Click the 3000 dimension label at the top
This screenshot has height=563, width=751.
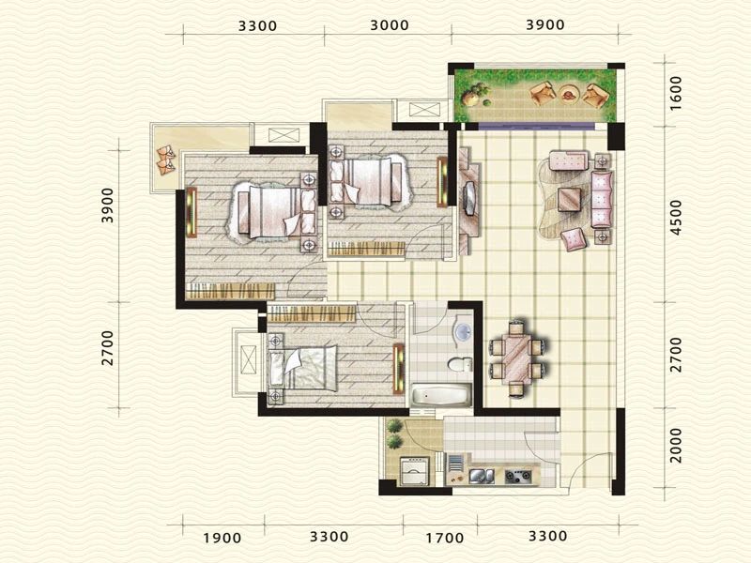(390, 25)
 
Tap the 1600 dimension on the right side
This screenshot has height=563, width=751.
(676, 93)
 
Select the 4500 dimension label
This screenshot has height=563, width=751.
(676, 218)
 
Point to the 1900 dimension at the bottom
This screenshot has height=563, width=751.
(222, 538)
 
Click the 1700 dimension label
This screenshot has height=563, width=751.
(445, 538)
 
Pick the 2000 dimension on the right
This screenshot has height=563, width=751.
(676, 445)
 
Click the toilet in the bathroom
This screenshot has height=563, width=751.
(460, 364)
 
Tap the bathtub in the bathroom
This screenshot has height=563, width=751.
(441, 395)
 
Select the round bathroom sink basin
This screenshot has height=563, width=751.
(463, 331)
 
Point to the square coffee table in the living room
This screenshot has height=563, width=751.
(570, 200)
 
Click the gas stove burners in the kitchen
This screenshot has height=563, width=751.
(518, 476)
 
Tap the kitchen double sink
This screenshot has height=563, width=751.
(482, 476)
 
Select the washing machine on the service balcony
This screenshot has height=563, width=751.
(414, 471)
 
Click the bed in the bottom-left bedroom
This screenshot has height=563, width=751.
(302, 368)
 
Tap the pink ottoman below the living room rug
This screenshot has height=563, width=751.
(574, 239)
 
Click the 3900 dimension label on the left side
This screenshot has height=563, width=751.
(108, 205)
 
